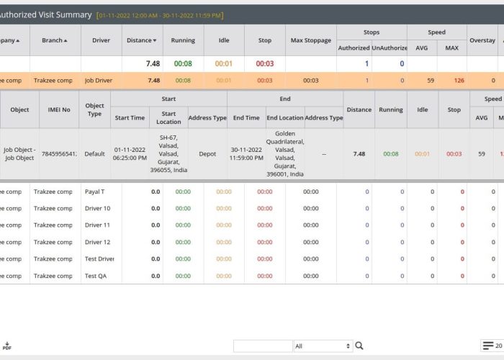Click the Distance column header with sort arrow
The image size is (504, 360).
pyautogui.click(x=142, y=40)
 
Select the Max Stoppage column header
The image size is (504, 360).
pyautogui.click(x=311, y=40)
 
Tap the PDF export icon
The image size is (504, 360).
pyautogui.click(x=6, y=346)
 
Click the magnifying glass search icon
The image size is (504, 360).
pyautogui.click(x=359, y=346)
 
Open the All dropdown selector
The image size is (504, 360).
pyautogui.click(x=323, y=346)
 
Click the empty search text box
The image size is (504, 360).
pyautogui.click(x=263, y=346)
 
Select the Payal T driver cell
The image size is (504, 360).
pyautogui.click(x=95, y=192)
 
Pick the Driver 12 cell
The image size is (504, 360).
pyautogui.click(x=98, y=242)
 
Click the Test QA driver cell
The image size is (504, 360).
pyautogui.click(x=97, y=276)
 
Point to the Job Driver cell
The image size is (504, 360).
pyautogui.click(x=99, y=81)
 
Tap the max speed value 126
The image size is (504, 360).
pyautogui.click(x=459, y=81)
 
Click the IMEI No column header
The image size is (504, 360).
pyautogui.click(x=59, y=110)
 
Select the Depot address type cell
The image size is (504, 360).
pyautogui.click(x=207, y=153)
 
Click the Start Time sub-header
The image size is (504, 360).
pyautogui.click(x=130, y=117)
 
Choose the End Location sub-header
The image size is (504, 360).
pyautogui.click(x=285, y=117)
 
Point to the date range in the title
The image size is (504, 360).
pyautogui.click(x=160, y=15)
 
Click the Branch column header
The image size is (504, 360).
pyautogui.click(x=55, y=40)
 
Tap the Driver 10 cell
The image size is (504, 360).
pyautogui.click(x=98, y=208)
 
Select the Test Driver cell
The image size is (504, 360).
pyautogui.click(x=99, y=258)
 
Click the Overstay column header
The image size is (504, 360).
pyautogui.click(x=482, y=40)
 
